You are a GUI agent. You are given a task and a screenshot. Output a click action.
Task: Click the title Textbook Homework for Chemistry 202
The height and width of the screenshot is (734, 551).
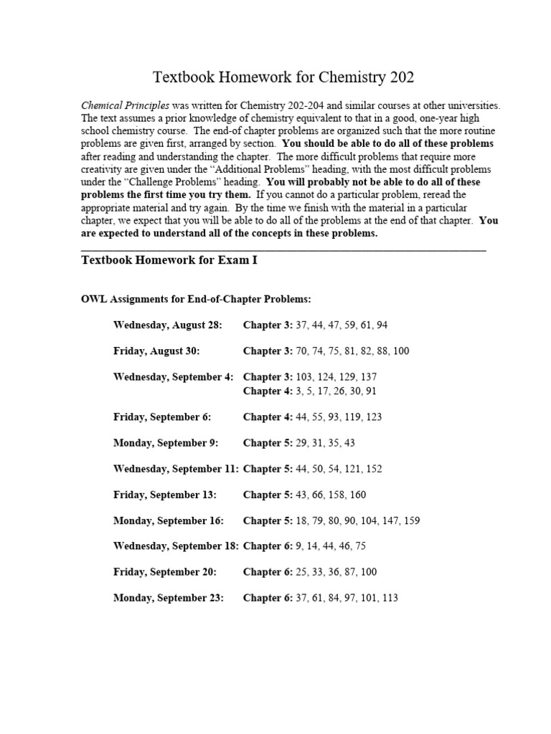coord(283,77)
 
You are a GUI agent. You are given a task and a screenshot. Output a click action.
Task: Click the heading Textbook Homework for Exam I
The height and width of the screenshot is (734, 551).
coord(169,261)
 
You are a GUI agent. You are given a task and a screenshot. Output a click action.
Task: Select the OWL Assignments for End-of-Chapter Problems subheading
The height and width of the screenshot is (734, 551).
coord(197,299)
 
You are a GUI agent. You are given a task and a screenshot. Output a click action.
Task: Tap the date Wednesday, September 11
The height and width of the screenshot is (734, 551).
coord(176,468)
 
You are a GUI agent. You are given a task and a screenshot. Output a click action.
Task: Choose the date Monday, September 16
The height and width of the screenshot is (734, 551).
coord(169,520)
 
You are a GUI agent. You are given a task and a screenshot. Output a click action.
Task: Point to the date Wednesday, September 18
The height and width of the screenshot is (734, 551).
coord(176,545)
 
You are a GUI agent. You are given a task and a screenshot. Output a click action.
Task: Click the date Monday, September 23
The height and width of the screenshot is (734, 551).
coord(169,597)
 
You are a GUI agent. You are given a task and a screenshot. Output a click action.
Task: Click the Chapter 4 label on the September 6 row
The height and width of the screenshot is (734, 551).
coord(268,416)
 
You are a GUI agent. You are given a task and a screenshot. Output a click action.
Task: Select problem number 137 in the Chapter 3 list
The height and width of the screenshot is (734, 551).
coord(367,376)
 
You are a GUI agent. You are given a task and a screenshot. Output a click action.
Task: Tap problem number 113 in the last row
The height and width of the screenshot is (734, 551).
coord(389,597)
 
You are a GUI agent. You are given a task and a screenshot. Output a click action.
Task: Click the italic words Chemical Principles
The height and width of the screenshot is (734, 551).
coord(126,105)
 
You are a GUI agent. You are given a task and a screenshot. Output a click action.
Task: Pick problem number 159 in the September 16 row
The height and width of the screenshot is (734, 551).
coord(412,520)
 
